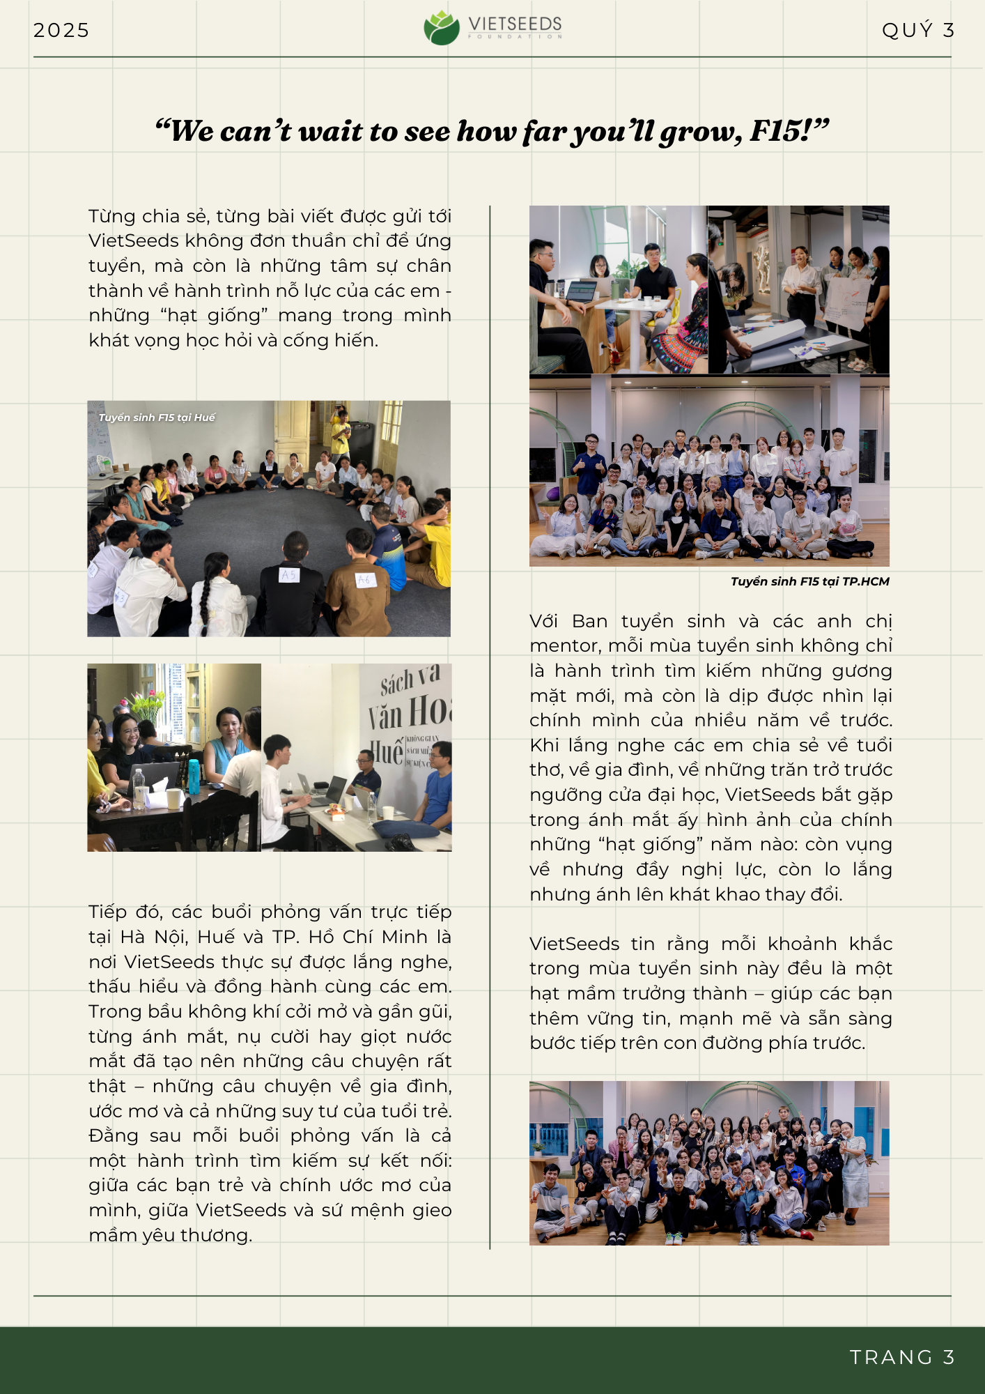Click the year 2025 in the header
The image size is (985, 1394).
pos(61,31)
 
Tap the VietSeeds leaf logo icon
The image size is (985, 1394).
pos(442,28)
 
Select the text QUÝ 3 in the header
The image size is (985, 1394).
pos(917,31)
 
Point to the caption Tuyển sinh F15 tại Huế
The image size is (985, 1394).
pos(157,418)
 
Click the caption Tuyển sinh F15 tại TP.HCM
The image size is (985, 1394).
pos(809,581)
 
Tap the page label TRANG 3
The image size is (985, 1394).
pos(901,1357)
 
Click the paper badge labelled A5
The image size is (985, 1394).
pos(288,574)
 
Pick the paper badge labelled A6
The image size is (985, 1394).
pos(364,579)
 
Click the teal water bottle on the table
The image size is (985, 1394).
pos(194,775)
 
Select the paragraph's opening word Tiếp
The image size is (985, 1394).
pos(107,912)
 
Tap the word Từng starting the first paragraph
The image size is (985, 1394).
pos(111,216)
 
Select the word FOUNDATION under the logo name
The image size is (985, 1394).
pos(515,37)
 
